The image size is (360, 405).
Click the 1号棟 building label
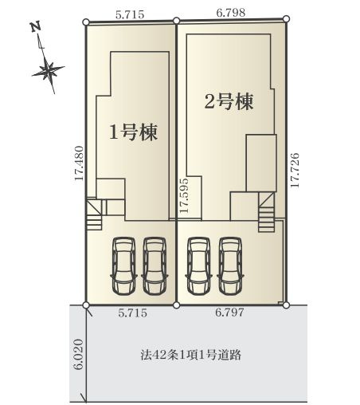point(132,132)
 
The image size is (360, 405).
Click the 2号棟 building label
point(229,102)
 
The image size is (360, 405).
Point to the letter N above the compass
point(34,26)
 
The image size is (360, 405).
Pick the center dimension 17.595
point(184,197)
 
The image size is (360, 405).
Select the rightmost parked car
point(230,266)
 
